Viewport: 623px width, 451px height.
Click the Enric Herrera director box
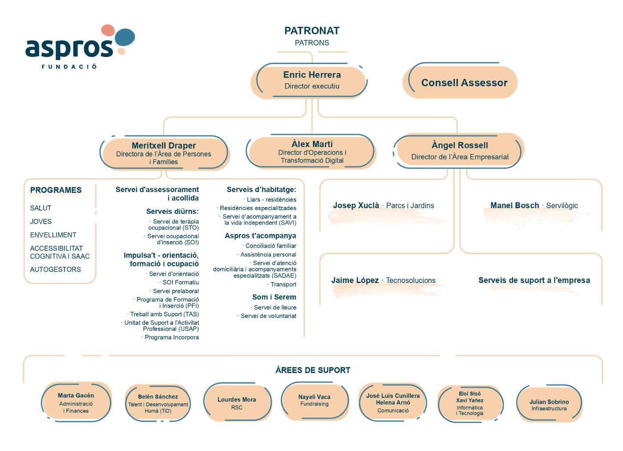(309, 81)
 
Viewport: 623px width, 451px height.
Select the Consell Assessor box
(460, 82)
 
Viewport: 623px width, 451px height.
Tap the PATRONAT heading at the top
(312, 31)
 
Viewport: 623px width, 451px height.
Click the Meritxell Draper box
(164, 153)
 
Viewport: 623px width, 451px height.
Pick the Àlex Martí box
(311, 152)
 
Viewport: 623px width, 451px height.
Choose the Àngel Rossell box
(459, 151)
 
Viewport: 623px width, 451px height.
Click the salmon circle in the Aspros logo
(108, 30)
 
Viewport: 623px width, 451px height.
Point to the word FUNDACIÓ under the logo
(69, 66)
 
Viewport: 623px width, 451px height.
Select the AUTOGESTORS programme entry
(55, 269)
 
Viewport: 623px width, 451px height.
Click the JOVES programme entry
(40, 221)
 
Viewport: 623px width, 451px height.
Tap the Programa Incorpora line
(172, 337)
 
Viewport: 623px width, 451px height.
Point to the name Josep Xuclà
(356, 205)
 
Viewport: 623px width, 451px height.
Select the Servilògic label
(562, 205)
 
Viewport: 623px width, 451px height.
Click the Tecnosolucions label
(411, 280)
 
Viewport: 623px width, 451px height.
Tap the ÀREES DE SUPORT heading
(313, 370)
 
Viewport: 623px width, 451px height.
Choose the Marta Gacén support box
(76, 402)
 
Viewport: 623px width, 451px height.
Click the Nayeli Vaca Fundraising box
(315, 401)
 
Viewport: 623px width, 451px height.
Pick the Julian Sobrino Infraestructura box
(549, 404)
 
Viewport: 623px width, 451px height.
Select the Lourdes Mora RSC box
(237, 402)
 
